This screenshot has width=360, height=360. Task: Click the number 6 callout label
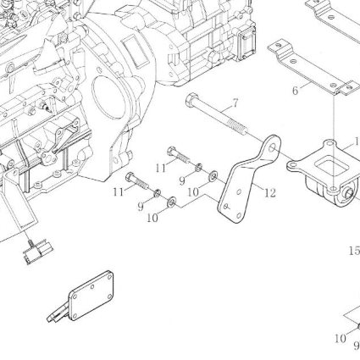coord(295,91)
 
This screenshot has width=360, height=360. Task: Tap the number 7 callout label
coord(235,103)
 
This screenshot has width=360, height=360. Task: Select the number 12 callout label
coord(270,193)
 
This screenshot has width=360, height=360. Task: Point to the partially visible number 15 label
coord(354,251)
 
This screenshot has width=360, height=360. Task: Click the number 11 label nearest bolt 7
coord(161,168)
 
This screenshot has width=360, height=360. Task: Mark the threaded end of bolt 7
coord(239,126)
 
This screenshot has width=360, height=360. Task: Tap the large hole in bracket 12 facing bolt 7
coord(273,147)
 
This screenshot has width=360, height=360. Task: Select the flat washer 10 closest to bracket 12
coord(213,176)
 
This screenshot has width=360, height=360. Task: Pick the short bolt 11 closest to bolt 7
coord(179,155)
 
